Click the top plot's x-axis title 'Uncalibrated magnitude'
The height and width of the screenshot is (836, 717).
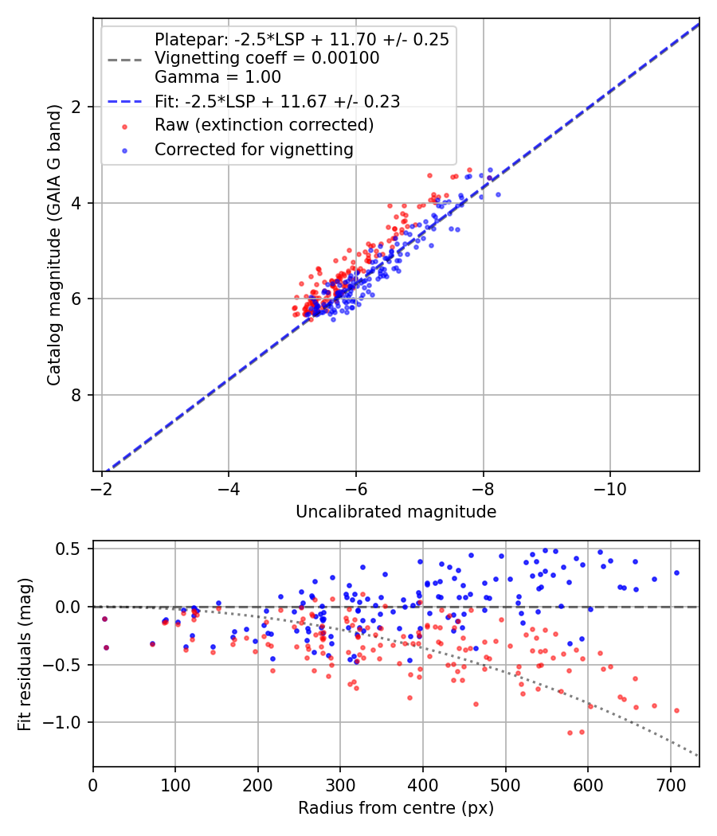tap(396, 512)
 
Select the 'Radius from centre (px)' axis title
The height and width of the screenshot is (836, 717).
tap(396, 808)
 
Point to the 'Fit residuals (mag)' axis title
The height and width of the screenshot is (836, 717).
tap(25, 653)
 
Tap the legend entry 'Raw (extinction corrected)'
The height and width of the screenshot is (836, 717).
tap(264, 125)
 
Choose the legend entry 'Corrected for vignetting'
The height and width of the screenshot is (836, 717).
tap(254, 149)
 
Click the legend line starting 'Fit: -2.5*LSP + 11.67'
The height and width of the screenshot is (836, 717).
tap(277, 101)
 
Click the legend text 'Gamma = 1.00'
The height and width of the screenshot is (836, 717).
tap(217, 77)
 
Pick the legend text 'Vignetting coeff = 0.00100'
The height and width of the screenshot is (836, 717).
tap(267, 58)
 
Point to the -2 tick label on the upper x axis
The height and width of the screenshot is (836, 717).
tap(102, 486)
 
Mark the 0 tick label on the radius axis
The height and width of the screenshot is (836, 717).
tap(93, 783)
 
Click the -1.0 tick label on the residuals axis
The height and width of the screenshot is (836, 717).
tap(66, 722)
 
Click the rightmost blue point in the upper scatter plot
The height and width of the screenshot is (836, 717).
tap(498, 194)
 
